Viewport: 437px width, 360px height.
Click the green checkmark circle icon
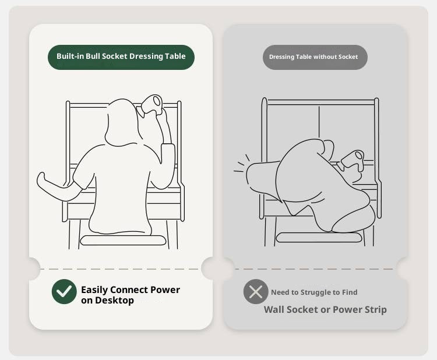pyautogui.click(x=64, y=291)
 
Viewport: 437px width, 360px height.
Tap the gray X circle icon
pyautogui.click(x=256, y=292)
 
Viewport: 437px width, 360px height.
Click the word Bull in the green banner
pyautogui.click(x=93, y=56)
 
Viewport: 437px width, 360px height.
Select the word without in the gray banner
pyautogui.click(x=321, y=57)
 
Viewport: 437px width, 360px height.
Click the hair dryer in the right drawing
pyautogui.click(x=351, y=161)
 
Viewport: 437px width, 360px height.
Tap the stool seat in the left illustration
pyautogui.click(x=123, y=240)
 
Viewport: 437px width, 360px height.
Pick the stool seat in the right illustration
pyautogui.click(x=319, y=238)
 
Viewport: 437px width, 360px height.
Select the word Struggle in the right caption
pyautogui.click(x=316, y=292)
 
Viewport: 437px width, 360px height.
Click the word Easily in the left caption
pyautogui.click(x=94, y=290)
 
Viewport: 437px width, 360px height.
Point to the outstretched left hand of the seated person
pyautogui.click(x=42, y=179)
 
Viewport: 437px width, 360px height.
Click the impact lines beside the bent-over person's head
pyautogui.click(x=241, y=164)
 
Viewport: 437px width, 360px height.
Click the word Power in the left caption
pyautogui.click(x=165, y=290)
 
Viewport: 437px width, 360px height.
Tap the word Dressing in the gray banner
pyautogui.click(x=281, y=57)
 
